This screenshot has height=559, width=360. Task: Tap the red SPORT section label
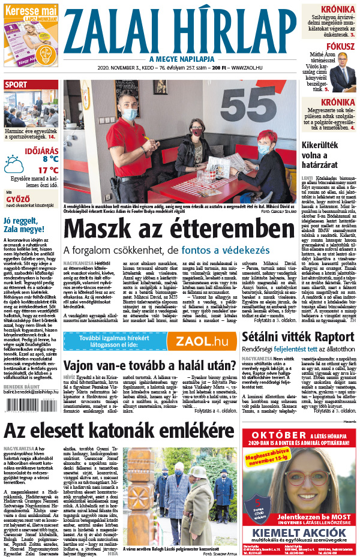click(x=16, y=85)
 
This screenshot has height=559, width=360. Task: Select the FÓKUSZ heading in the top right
click(x=341, y=46)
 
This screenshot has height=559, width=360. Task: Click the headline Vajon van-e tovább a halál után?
click(x=149, y=365)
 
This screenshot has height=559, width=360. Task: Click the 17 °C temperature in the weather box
click(x=47, y=170)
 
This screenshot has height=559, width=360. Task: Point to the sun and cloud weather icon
click(x=14, y=164)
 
